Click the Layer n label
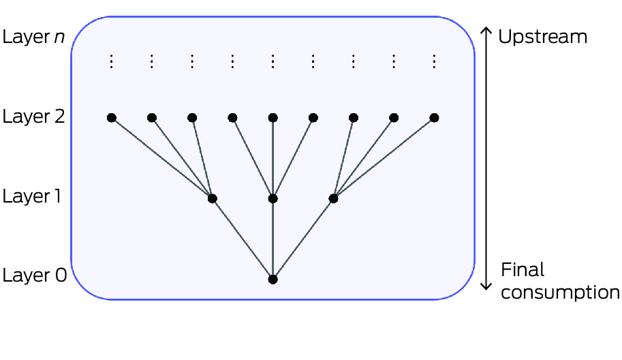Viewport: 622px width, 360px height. click(x=34, y=36)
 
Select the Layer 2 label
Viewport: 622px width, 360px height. click(x=34, y=117)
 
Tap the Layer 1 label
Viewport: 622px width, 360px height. click(x=34, y=197)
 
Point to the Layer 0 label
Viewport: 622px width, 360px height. click(x=34, y=276)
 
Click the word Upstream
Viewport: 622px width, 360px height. click(x=543, y=36)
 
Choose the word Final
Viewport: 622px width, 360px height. click(x=523, y=270)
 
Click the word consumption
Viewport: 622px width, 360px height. click(x=560, y=292)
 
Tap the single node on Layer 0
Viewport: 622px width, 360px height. click(x=273, y=279)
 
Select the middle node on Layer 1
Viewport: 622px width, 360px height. click(x=273, y=198)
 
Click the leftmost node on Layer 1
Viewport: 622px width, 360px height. click(x=212, y=198)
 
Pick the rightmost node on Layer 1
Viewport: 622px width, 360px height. click(x=333, y=198)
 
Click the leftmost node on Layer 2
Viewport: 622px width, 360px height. click(x=112, y=118)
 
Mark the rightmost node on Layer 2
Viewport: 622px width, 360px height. click(x=434, y=118)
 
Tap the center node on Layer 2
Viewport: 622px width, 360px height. click(x=273, y=118)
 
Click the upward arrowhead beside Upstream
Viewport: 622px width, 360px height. click(x=486, y=31)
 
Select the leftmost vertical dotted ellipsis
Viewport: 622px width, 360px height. click(x=112, y=62)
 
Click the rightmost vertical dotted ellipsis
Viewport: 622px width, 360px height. click(x=434, y=62)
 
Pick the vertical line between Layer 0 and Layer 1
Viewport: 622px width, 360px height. click(x=273, y=239)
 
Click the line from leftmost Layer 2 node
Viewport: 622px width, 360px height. click(x=161, y=158)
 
